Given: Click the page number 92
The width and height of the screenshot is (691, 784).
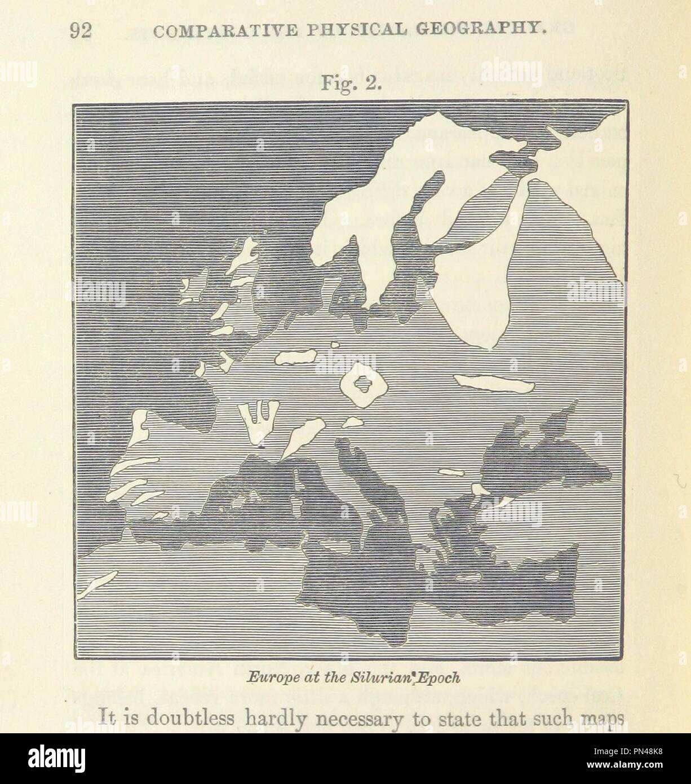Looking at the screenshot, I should click(x=80, y=32).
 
